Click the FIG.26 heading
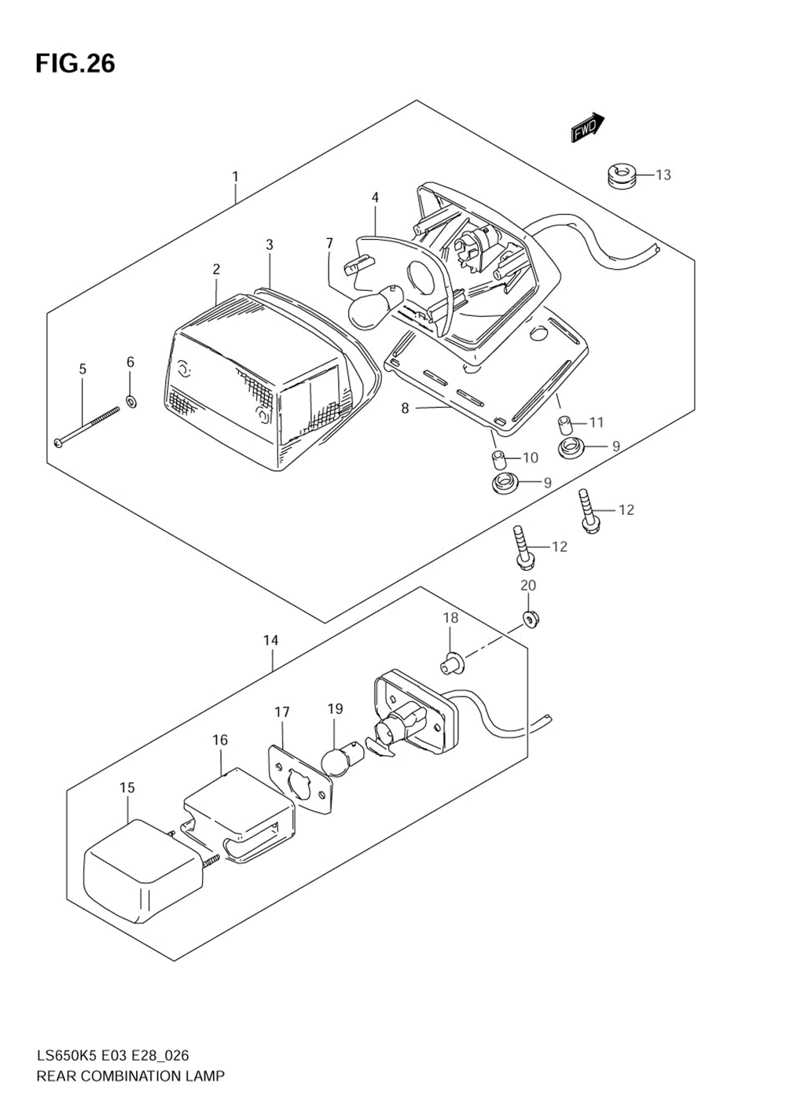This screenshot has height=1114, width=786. click(75, 63)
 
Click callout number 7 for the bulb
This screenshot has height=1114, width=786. click(330, 244)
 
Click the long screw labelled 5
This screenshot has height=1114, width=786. click(86, 426)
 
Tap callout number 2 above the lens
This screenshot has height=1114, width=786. click(216, 270)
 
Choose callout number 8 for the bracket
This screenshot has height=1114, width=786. click(406, 408)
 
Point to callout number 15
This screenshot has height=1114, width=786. click(127, 788)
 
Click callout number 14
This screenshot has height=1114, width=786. click(270, 641)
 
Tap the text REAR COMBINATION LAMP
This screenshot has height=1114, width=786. click(130, 1076)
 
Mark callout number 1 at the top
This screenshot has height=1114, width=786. click(235, 177)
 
